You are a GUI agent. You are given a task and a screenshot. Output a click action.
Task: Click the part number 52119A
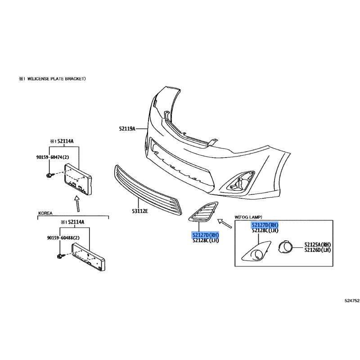coord(127,129)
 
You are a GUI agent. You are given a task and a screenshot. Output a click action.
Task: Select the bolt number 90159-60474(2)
coord(54,157)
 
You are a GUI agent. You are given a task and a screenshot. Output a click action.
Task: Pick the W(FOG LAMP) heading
coord(248,217)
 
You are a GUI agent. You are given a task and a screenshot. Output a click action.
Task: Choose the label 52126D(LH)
coord(318,250)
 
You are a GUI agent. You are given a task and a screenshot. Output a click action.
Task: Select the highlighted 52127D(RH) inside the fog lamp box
coord(265,225)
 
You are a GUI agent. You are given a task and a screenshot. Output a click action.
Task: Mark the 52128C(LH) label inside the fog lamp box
coord(265,230)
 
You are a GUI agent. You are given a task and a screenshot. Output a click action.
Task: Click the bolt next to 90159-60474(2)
coord(49,175)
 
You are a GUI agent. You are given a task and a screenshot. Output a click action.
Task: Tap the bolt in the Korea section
coord(60,257)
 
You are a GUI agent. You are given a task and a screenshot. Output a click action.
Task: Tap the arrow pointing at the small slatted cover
coord(224,223)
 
